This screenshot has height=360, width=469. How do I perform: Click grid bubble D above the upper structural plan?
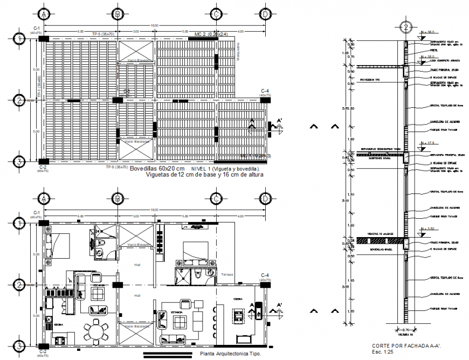click(x=265, y=13)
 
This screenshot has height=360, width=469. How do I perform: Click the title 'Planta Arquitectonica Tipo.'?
click(x=230, y=354)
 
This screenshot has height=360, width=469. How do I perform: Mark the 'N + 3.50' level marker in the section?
click(x=428, y=230)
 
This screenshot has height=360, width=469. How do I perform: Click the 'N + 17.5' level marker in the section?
click(x=428, y=143)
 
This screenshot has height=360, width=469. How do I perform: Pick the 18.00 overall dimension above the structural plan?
click(x=154, y=25)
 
